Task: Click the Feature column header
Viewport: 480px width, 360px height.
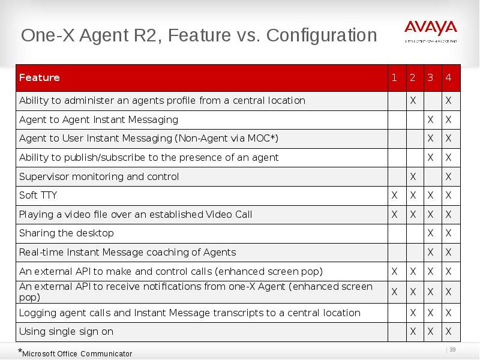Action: (40, 78)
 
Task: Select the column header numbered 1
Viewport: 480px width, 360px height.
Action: (394, 78)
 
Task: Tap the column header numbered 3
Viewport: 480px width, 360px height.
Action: (430, 78)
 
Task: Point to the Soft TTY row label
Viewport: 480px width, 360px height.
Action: (38, 196)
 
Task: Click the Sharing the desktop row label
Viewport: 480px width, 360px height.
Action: (66, 233)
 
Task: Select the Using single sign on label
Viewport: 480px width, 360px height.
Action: (66, 332)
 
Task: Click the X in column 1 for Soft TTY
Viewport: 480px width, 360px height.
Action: (394, 196)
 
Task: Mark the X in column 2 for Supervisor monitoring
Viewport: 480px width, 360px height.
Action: (412, 177)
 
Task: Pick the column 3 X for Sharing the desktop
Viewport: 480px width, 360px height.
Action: (430, 233)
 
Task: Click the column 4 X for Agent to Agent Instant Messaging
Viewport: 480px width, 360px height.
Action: (448, 120)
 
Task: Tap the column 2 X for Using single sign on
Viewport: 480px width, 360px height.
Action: (412, 332)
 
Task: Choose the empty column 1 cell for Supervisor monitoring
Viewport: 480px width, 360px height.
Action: (394, 177)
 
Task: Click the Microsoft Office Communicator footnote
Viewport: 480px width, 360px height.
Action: (77, 353)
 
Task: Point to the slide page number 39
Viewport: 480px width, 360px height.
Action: (453, 350)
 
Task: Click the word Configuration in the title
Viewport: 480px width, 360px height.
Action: (322, 35)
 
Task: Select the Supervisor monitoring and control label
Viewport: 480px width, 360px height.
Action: (99, 177)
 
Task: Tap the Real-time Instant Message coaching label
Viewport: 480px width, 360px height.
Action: (127, 253)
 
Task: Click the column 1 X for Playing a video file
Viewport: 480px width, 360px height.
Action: (394, 215)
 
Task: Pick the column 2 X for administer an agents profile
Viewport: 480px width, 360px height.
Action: (412, 101)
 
